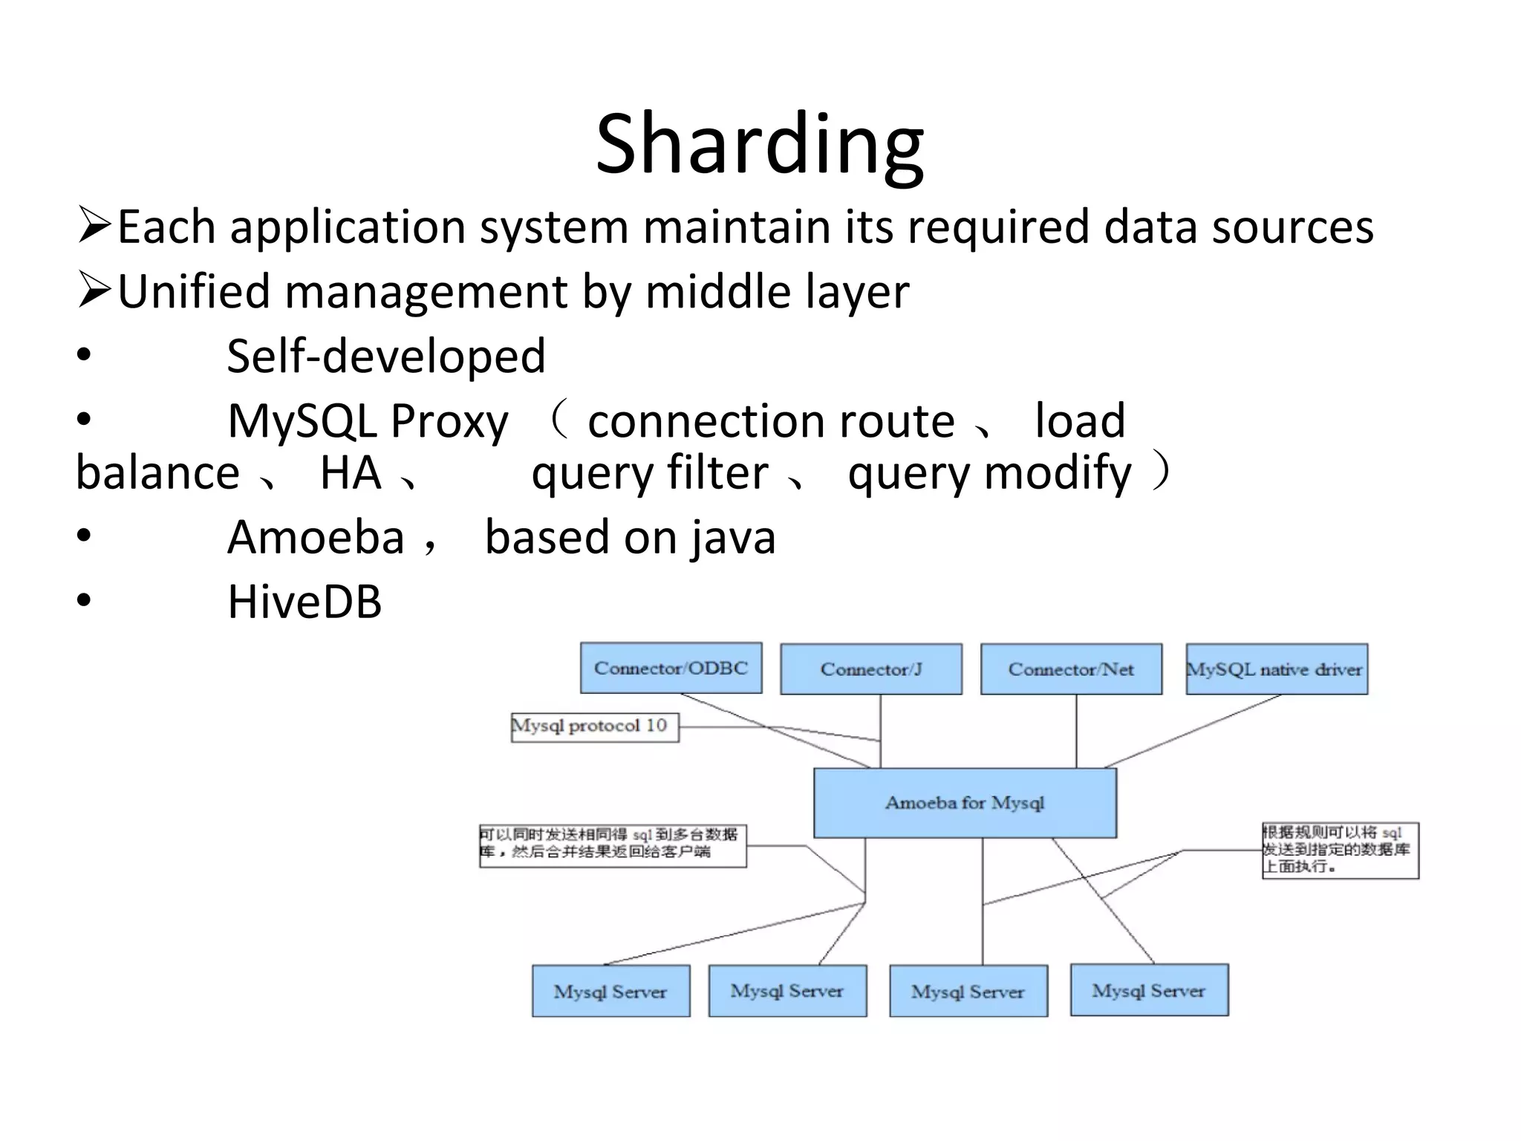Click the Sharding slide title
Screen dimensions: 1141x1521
coord(760,145)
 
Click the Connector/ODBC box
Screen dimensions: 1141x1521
coord(671,668)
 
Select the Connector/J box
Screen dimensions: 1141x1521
coord(871,669)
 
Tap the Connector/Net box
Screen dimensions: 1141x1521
coord(1071,669)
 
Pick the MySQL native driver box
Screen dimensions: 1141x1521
coord(1276,669)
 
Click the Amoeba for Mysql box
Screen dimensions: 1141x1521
coord(965,803)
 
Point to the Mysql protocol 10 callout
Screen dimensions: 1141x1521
coord(594,726)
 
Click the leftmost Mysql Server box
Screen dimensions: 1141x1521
coord(610,991)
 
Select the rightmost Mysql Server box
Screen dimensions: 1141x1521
coord(1149,990)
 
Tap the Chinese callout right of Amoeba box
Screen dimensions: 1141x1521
coord(1339,850)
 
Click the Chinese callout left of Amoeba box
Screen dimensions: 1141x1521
coord(612,845)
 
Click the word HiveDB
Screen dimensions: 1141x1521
coord(304,602)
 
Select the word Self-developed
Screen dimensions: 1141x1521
coord(386,356)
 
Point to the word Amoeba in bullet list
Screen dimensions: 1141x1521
coord(316,537)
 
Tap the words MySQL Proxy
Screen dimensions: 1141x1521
coord(368,421)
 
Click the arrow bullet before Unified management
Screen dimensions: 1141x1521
coord(94,290)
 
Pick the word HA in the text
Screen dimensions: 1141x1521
coord(351,473)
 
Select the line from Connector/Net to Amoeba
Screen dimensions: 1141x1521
coord(1076,732)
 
